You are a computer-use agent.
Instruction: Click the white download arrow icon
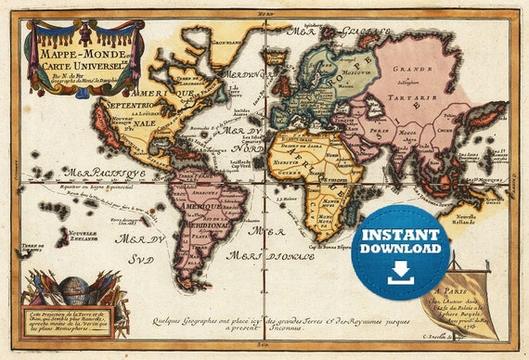coord(401,272)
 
